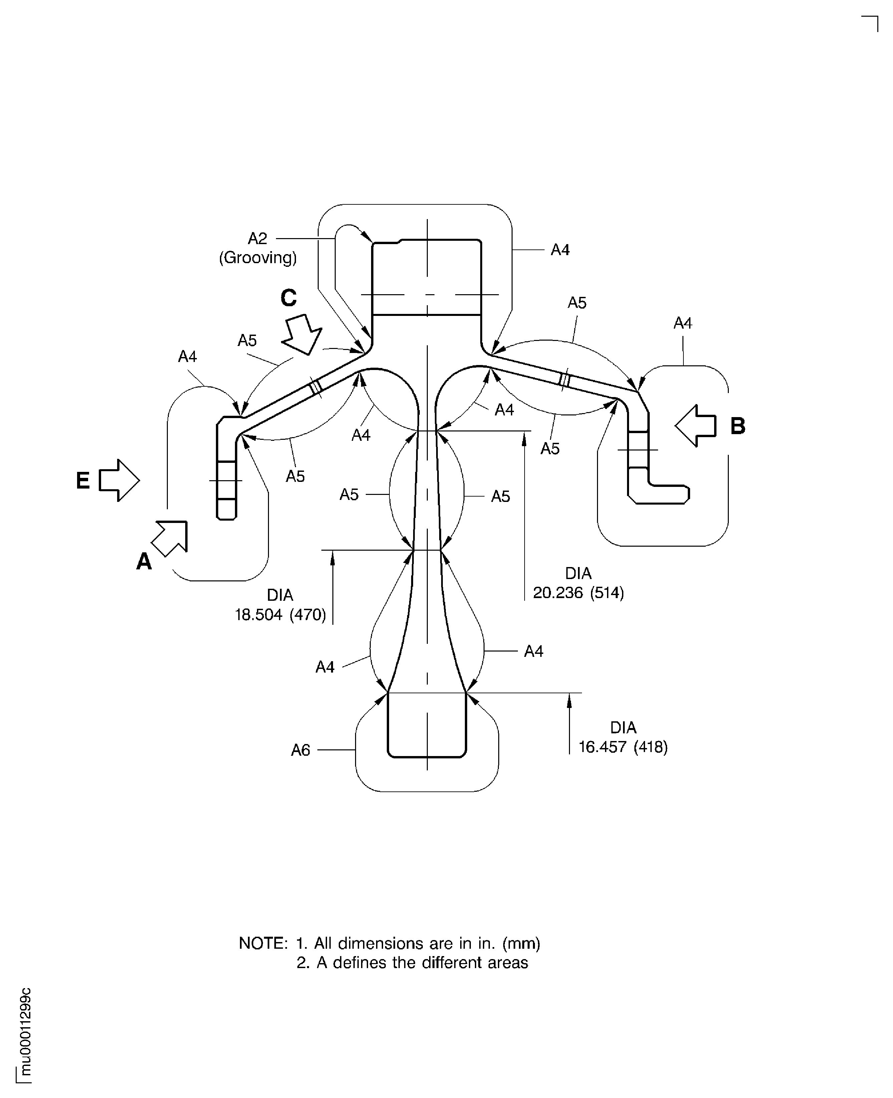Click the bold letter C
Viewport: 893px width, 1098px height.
tap(289, 298)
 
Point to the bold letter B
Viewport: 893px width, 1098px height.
tap(737, 426)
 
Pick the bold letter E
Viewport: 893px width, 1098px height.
tap(83, 481)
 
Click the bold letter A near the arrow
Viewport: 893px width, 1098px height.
tap(144, 562)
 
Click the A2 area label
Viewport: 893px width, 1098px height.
tap(258, 238)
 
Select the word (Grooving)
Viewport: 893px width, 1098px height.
tap(258, 257)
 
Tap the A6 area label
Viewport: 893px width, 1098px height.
tap(300, 750)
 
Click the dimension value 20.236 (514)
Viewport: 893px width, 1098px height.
tap(578, 593)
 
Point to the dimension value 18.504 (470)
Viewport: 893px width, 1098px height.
tap(280, 615)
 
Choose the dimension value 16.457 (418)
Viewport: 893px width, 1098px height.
tap(623, 747)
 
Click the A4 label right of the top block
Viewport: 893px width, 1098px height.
tap(560, 250)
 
